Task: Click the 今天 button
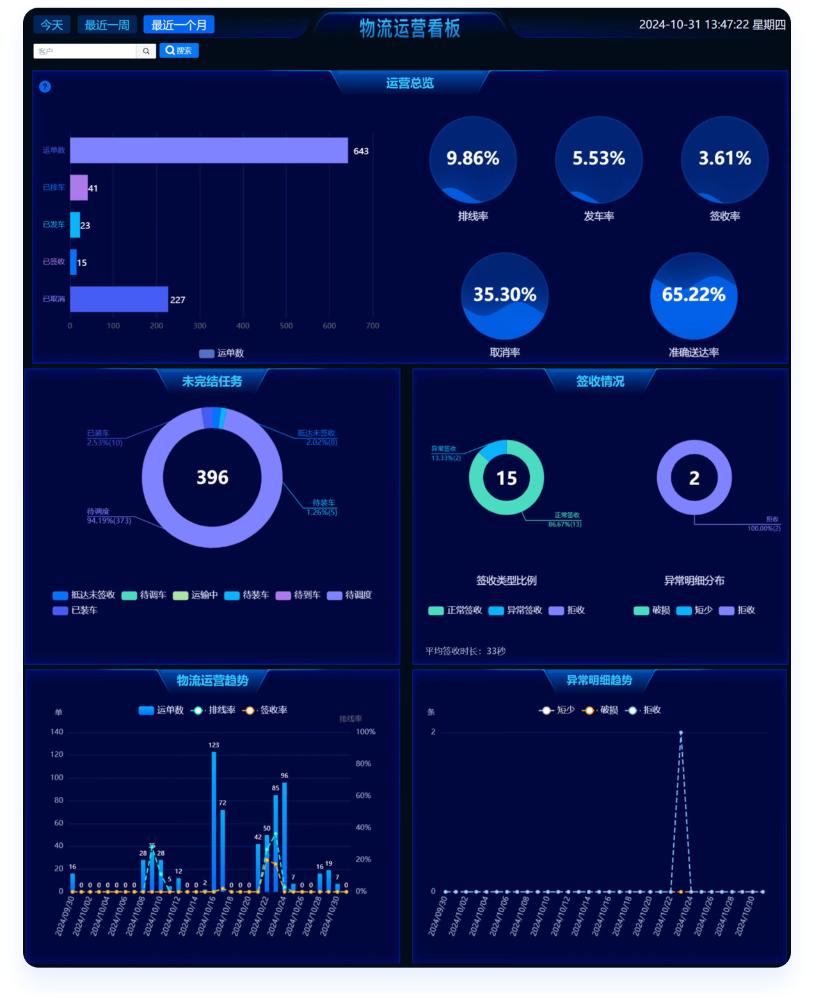(x=52, y=25)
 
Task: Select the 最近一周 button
(x=107, y=25)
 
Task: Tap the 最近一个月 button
(x=179, y=25)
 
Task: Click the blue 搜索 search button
(x=179, y=51)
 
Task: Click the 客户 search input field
(x=84, y=51)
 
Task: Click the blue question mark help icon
(x=45, y=86)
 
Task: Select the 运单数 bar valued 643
(x=209, y=150)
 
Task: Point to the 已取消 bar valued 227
(x=119, y=299)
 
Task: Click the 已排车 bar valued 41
(x=79, y=188)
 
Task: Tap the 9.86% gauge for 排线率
(x=473, y=160)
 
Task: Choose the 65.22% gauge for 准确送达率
(x=694, y=296)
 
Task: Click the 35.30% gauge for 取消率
(x=505, y=296)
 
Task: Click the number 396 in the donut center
(x=212, y=477)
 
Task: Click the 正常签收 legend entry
(x=456, y=611)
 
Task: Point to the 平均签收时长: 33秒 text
(x=465, y=651)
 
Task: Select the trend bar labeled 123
(x=214, y=821)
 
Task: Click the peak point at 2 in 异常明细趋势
(x=681, y=733)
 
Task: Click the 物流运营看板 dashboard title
(x=410, y=28)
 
